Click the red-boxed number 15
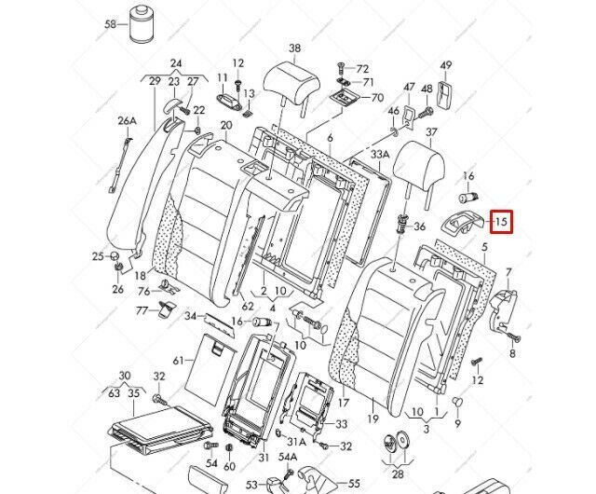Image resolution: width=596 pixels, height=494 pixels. click(x=502, y=222)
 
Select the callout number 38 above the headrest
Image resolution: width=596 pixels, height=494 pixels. click(x=295, y=48)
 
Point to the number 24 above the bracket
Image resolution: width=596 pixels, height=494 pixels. click(x=175, y=64)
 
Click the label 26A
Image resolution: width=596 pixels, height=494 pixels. click(x=127, y=121)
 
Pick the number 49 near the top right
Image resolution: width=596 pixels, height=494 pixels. click(x=446, y=65)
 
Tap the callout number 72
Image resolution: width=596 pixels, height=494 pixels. click(x=362, y=69)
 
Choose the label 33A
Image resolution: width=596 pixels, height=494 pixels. click(x=380, y=154)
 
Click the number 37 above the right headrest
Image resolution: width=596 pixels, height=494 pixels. click(x=431, y=133)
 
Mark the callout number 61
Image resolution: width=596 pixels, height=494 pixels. click(x=178, y=361)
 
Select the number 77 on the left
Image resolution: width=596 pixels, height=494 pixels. click(x=142, y=309)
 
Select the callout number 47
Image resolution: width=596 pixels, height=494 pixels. click(x=409, y=88)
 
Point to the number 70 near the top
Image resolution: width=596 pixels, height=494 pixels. click(x=376, y=97)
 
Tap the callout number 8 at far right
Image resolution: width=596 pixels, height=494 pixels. click(x=513, y=354)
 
